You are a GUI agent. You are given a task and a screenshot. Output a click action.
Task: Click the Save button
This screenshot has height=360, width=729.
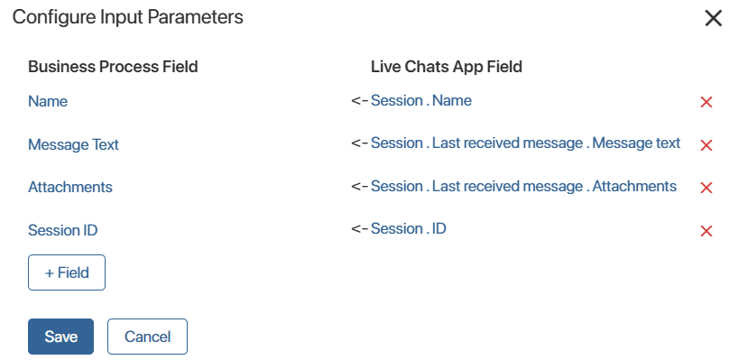[x=61, y=337]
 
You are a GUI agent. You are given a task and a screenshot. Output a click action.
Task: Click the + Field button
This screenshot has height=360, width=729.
[x=67, y=272]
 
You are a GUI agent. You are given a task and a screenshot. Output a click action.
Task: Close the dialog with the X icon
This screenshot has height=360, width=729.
[x=713, y=19]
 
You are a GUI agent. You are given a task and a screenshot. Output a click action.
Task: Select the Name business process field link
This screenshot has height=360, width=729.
[x=48, y=101]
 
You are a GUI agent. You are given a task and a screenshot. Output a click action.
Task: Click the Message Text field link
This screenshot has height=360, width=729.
[x=73, y=144]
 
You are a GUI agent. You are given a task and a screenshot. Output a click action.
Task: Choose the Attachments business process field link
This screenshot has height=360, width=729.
[x=70, y=187]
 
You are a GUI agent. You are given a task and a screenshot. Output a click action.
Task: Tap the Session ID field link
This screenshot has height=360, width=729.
[x=63, y=230]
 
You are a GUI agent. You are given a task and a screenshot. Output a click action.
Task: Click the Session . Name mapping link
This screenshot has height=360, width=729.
[x=421, y=100]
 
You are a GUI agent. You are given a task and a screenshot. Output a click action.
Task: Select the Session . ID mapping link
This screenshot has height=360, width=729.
[x=409, y=228]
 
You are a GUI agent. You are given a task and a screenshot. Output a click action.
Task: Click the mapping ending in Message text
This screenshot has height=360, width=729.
[x=526, y=143]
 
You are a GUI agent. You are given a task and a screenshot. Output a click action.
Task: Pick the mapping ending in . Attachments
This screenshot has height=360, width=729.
[x=524, y=186]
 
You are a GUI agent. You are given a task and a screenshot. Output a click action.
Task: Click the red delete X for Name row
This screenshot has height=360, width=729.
[x=706, y=102]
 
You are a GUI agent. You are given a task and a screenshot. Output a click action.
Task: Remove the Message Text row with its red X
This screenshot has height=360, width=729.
[x=706, y=145]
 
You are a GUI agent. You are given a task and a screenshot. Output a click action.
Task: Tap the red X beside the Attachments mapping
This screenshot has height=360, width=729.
[x=706, y=188]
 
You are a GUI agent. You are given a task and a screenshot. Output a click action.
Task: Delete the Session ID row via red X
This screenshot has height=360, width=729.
[x=706, y=231]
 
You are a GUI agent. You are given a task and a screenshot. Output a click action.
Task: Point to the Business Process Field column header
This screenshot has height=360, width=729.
[x=113, y=67]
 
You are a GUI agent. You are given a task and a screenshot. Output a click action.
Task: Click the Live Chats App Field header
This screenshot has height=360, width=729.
[x=447, y=67]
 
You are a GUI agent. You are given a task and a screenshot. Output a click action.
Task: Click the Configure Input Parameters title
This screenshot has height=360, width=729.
[x=128, y=18]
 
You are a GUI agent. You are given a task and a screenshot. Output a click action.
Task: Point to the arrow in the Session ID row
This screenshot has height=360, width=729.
[x=360, y=228]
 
